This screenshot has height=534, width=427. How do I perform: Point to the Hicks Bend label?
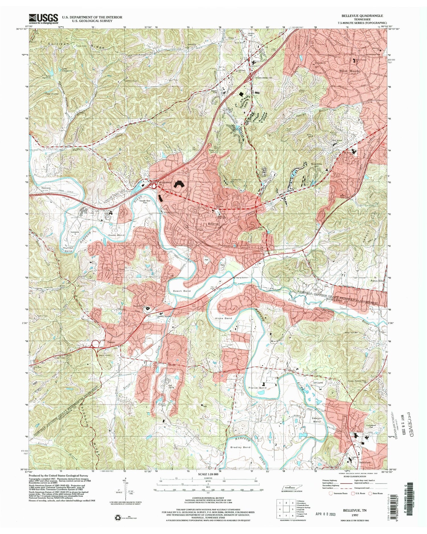coord(223,318)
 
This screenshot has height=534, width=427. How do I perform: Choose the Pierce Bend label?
coord(257,388)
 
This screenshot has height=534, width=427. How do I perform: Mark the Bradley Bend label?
coord(240,447)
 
